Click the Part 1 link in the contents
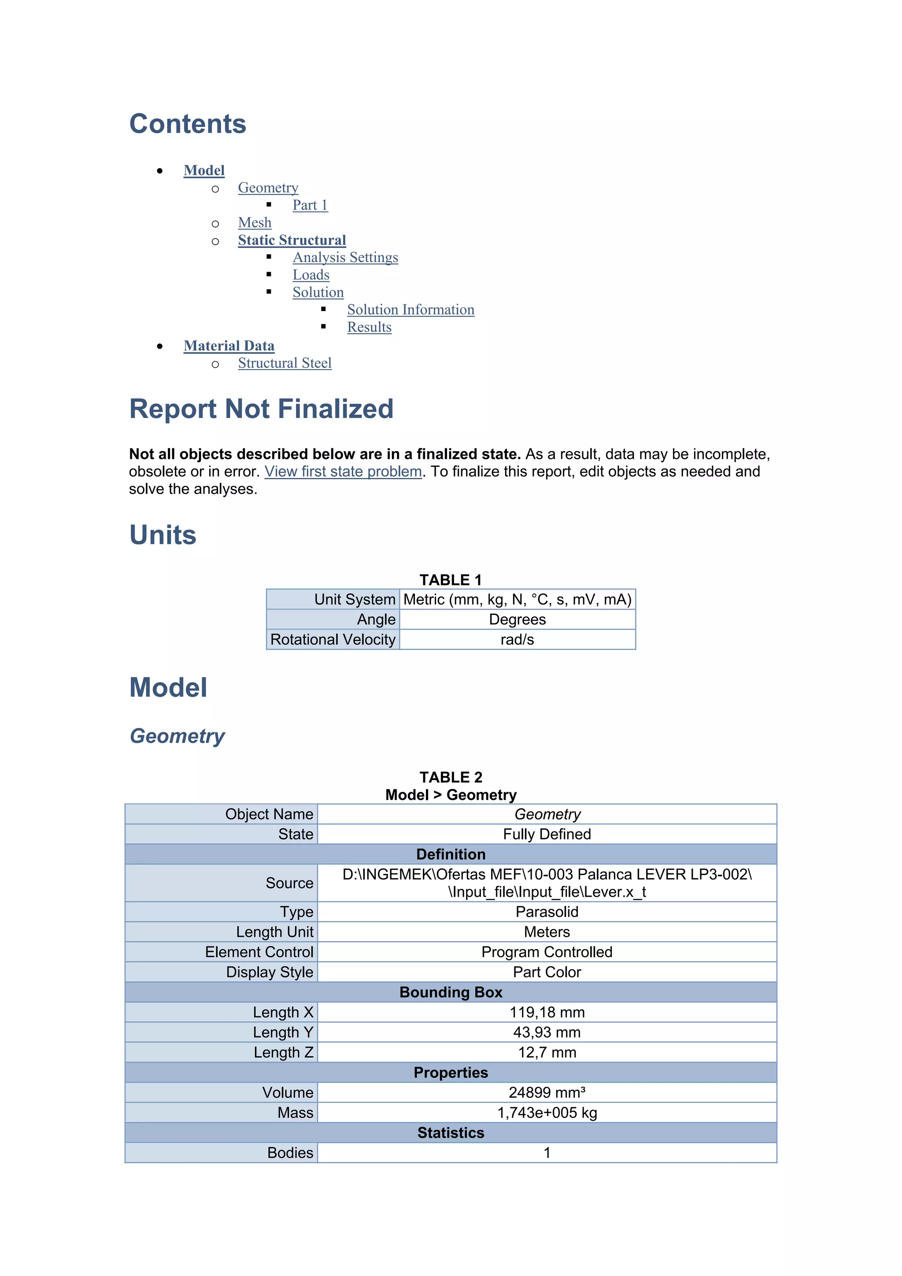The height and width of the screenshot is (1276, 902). tap(310, 205)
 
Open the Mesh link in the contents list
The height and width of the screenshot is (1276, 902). tap(255, 223)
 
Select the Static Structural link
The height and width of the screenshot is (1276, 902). tap(292, 240)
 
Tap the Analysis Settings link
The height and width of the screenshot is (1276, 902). tap(345, 257)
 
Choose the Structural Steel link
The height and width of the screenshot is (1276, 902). tap(285, 363)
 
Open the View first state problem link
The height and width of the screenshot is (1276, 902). tap(343, 472)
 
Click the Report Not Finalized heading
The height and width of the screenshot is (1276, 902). tap(261, 409)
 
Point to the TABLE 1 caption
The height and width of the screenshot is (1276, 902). tap(450, 580)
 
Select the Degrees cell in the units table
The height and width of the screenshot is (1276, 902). tap(517, 619)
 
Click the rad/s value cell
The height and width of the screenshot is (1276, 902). tap(517, 639)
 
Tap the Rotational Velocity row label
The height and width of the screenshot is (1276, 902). tap(333, 639)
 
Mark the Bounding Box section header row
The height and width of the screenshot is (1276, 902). tap(450, 992)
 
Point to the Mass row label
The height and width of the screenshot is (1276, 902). tap(295, 1113)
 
